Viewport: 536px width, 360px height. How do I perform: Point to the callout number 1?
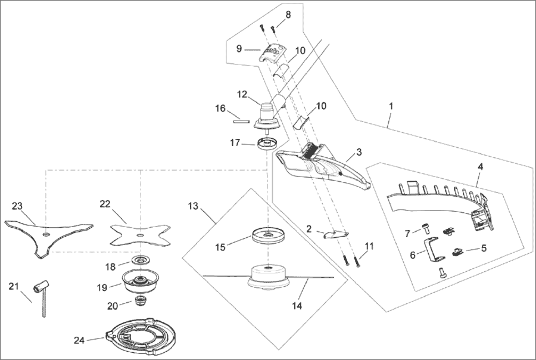tap(391, 105)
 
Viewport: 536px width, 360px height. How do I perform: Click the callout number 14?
tap(297, 306)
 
